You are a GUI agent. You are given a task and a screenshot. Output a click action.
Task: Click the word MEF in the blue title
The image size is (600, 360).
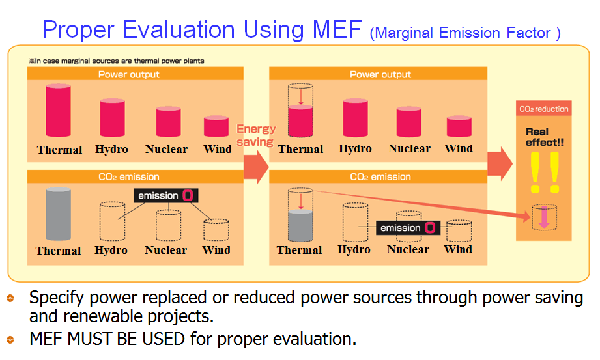coord(337,29)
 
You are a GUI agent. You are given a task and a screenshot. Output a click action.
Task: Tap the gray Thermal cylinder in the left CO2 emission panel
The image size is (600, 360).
coord(58,214)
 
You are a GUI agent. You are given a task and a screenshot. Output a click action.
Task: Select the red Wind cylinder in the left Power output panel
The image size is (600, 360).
coord(216,126)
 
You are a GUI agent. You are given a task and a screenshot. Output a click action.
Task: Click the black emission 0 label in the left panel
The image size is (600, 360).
coord(165,195)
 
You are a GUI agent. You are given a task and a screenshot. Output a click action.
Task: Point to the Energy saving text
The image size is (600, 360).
coord(255,135)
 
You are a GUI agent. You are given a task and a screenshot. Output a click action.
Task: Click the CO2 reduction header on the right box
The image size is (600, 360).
coord(543,109)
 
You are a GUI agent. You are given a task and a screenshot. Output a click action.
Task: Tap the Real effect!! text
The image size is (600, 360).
coord(544,137)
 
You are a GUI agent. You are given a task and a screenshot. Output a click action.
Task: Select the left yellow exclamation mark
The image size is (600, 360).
coord(535,173)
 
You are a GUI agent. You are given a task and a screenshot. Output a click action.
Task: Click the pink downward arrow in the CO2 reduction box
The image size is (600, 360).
coord(544,217)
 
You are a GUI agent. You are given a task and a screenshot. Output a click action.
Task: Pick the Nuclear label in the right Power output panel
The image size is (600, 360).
coord(409,148)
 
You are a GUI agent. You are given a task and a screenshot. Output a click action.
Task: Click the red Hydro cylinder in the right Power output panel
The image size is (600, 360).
coord(355,118)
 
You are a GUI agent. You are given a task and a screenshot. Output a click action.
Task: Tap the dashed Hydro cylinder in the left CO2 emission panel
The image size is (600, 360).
coord(112,221)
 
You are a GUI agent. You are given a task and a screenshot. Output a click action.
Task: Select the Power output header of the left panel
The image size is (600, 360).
coord(128,74)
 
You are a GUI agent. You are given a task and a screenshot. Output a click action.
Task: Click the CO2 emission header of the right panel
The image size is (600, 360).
coord(380,177)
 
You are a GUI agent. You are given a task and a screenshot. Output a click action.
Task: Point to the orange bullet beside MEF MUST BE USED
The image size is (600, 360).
coord(10,339)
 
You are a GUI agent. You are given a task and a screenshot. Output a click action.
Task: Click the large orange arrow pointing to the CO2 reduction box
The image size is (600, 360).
coord(500,164)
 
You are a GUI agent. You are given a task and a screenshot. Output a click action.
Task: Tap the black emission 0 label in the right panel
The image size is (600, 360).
coord(408,228)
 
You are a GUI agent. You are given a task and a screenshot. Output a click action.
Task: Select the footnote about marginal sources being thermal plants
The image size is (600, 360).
coord(117,61)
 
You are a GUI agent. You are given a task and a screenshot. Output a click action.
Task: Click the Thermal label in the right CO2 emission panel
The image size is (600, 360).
coord(299,250)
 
